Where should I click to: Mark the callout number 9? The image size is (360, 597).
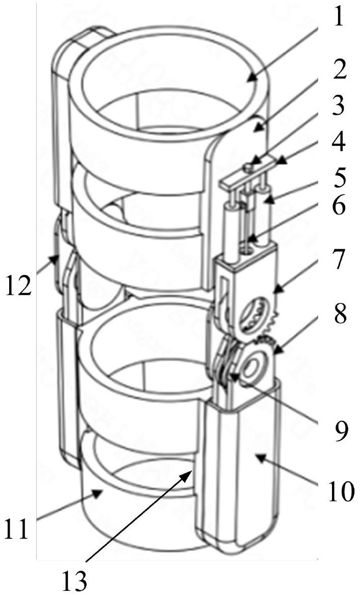336,430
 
